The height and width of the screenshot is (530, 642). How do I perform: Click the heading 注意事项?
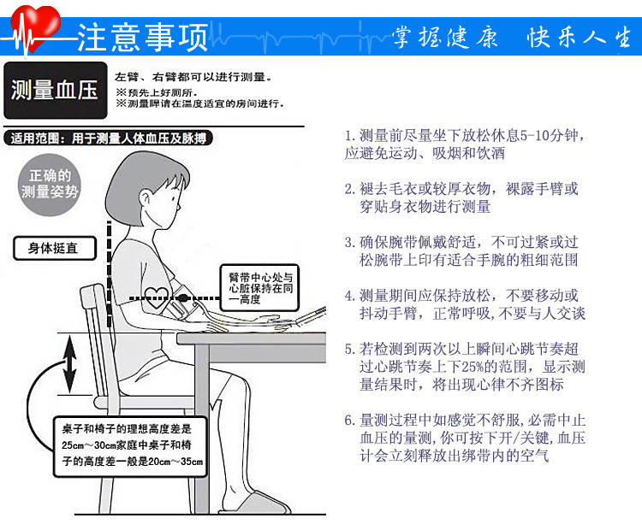143,38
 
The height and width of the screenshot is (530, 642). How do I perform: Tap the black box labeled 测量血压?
56,91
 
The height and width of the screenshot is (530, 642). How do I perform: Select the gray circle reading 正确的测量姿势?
49,185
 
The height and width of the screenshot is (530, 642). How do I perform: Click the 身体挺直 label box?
55,248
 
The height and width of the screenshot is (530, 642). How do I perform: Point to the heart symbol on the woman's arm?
157,297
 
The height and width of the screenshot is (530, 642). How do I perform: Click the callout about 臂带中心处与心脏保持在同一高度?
259,287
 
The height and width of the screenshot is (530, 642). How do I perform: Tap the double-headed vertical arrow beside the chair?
70,364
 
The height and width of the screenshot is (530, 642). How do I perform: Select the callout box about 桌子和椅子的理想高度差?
130,446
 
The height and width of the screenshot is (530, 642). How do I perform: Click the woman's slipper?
257,503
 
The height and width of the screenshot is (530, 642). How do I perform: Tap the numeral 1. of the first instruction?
349,135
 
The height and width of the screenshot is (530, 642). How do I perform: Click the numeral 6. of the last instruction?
349,421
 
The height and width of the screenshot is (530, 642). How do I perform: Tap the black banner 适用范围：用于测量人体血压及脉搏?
109,138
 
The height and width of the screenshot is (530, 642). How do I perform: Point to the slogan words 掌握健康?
445,38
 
